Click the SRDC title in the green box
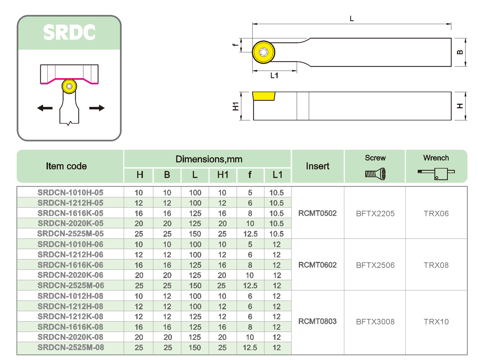(x=69, y=32)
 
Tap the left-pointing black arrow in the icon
(x=45, y=108)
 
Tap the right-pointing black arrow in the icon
(x=97, y=108)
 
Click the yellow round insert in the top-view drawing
(x=263, y=52)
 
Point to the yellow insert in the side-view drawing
(x=264, y=96)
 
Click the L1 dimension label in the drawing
(x=274, y=76)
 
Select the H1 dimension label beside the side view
(x=236, y=106)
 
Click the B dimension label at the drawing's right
(x=460, y=52)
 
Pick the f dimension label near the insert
(x=236, y=45)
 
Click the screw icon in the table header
(x=375, y=174)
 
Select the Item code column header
(x=66, y=166)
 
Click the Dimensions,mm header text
(x=209, y=159)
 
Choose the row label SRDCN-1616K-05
(x=70, y=213)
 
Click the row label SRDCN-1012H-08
(x=70, y=296)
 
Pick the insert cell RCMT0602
(x=317, y=265)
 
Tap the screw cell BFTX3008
(x=375, y=322)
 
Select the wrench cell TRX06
(x=436, y=213)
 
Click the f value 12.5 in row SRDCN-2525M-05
(x=250, y=234)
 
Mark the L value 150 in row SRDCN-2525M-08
(x=195, y=348)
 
